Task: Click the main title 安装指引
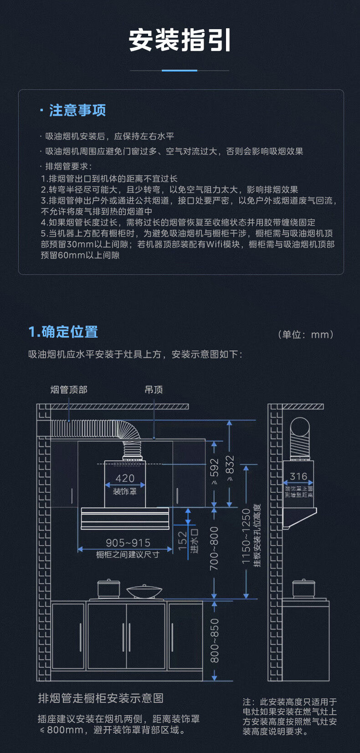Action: pos(180,40)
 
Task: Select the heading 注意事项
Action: pos(77,110)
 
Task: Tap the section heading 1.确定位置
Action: pos(63,332)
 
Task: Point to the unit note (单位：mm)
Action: pos(306,335)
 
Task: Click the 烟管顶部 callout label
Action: pos(69,390)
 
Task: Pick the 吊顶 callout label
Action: pos(154,390)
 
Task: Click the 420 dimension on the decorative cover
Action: pos(125,478)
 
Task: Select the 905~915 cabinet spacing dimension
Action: pos(128,543)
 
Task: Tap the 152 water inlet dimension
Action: pos(183,541)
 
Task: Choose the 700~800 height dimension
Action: pos(214,549)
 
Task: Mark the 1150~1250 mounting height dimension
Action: pos(246,536)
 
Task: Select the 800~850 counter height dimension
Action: pos(214,640)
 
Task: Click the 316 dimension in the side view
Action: pos(298,476)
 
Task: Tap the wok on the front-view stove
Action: pos(144,592)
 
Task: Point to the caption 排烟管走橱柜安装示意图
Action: pos(101,698)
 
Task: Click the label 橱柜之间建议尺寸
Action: pos(128,555)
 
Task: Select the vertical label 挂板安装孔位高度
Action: pos(257,536)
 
